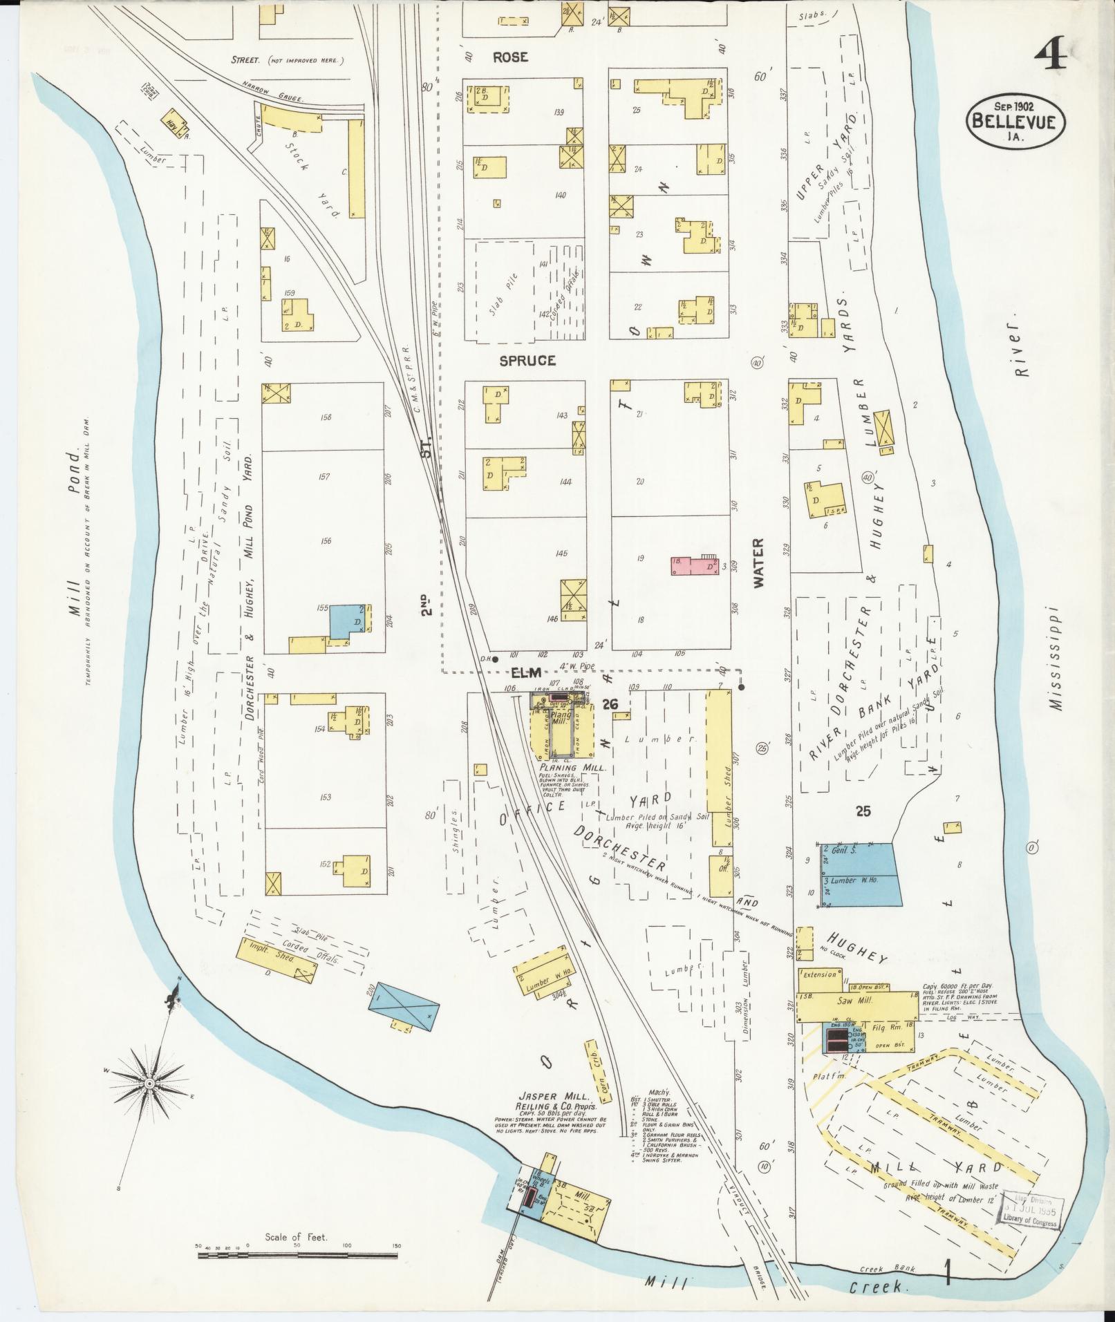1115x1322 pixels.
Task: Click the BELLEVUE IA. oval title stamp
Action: pyautogui.click(x=1015, y=119)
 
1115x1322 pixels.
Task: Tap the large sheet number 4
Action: pyautogui.click(x=1051, y=53)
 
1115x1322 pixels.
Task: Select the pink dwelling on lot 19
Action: pyautogui.click(x=694, y=566)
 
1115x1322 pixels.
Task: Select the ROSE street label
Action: pyautogui.click(x=511, y=57)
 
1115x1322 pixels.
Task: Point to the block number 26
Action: pyautogui.click(x=610, y=704)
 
